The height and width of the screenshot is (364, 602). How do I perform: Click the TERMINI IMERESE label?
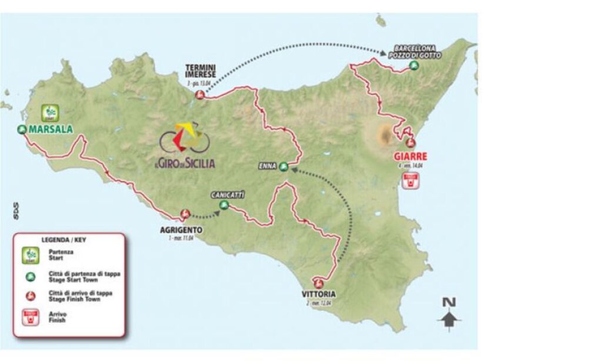(x=200, y=70)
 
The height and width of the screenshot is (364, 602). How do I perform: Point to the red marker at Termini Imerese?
(x=200, y=95)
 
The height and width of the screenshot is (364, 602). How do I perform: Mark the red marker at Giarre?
(x=411, y=142)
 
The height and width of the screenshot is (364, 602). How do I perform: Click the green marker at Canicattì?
(x=224, y=205)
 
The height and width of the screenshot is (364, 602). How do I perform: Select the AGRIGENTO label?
(x=181, y=230)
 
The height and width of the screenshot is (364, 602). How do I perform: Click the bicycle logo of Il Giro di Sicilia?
(x=185, y=139)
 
